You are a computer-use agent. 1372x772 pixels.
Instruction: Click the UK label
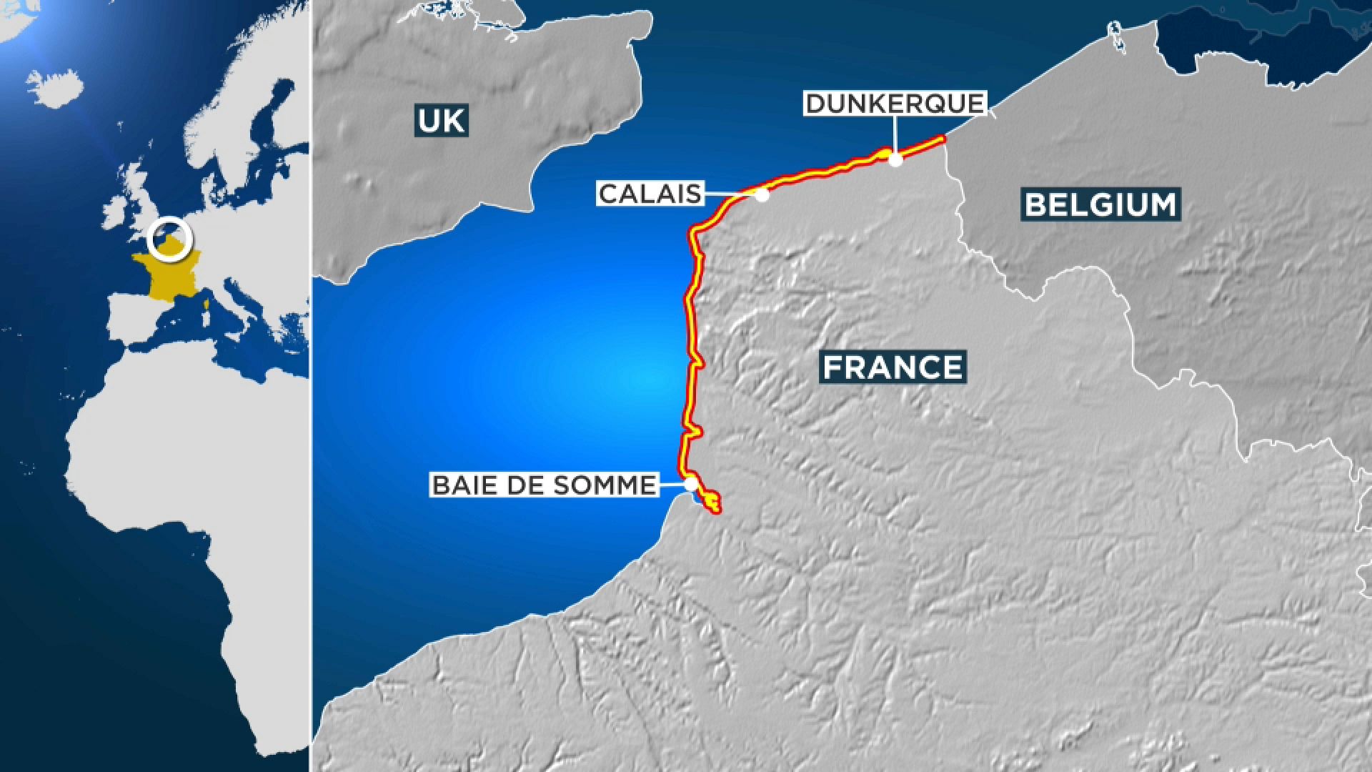click(442, 120)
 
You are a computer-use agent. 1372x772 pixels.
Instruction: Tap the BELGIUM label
click(1100, 204)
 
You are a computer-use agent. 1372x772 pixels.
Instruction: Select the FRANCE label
click(893, 367)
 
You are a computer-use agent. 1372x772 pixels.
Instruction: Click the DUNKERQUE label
click(895, 104)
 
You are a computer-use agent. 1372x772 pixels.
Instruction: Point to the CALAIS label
click(650, 194)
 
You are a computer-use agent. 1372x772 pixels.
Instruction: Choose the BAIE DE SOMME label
click(544, 485)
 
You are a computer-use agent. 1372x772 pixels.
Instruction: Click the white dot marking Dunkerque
click(895, 159)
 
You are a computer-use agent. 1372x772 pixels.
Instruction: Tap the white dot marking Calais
click(762, 194)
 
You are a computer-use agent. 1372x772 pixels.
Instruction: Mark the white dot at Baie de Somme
click(690, 485)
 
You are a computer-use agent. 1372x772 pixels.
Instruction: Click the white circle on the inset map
click(170, 237)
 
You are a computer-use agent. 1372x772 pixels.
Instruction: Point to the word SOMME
click(615, 485)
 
